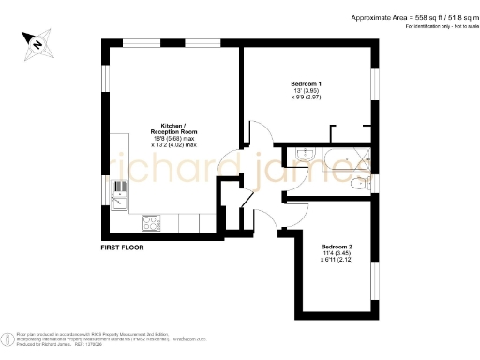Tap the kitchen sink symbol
tap(120, 192)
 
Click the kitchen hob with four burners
tap(150, 222)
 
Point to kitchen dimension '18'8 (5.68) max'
tap(173, 139)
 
